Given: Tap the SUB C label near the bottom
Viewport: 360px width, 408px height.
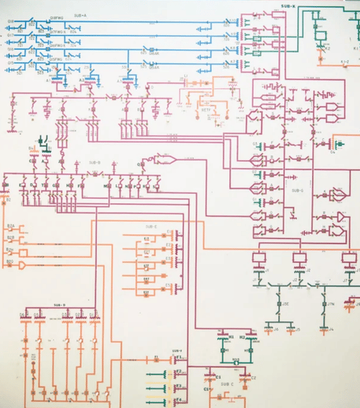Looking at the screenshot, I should pos(227,384).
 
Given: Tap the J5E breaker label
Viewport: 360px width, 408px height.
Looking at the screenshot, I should pos(285,304).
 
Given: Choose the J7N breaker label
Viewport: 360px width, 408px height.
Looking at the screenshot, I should pos(330,304).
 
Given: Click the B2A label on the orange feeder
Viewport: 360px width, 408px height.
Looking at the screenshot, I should pos(11,226).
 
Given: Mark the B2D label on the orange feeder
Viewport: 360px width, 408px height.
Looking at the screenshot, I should pos(10,261).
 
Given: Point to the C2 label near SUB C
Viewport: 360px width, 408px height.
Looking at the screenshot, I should pos(253,377).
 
